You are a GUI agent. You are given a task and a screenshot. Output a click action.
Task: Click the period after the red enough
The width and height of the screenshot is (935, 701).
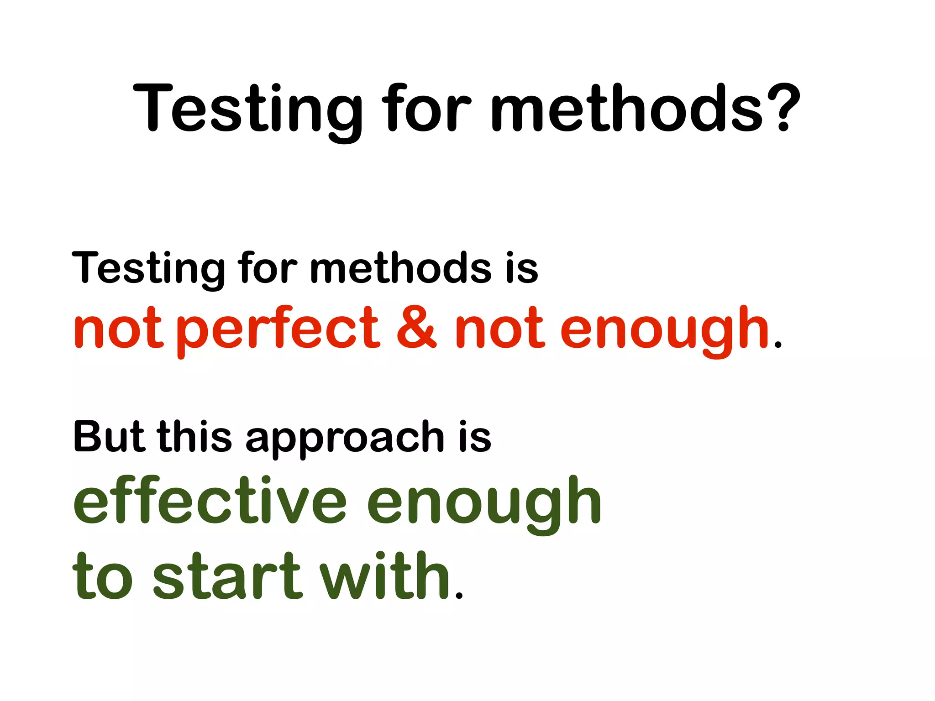coord(778,345)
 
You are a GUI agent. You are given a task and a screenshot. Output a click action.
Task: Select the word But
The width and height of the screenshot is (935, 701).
coord(109,437)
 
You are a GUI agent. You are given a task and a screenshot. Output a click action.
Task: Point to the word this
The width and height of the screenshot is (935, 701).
coord(194,437)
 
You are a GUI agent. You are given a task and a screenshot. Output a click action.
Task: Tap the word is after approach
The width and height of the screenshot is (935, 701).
coord(475,437)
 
